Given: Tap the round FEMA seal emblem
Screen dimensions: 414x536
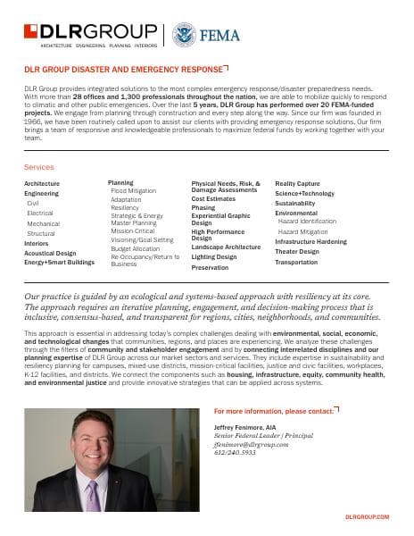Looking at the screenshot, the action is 183,33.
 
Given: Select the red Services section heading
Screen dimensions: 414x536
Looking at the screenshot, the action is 39,167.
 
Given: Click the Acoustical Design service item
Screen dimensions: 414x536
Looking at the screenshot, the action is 50,252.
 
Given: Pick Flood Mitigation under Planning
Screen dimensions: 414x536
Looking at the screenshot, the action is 132,191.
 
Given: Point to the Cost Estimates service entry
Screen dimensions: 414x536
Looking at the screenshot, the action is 213,198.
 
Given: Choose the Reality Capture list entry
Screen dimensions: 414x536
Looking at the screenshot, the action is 298,183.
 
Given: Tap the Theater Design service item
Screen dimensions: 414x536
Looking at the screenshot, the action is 297,251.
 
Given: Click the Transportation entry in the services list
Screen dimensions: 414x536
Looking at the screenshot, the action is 296,263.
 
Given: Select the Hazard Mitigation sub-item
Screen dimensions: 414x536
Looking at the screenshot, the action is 305,230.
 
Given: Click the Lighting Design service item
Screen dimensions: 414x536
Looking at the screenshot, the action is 214,256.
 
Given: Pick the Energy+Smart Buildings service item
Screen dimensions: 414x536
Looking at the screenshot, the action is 58,262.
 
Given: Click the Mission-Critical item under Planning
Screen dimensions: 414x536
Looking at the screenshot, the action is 133,230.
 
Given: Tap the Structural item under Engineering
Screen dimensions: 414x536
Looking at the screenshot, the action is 41,233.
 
